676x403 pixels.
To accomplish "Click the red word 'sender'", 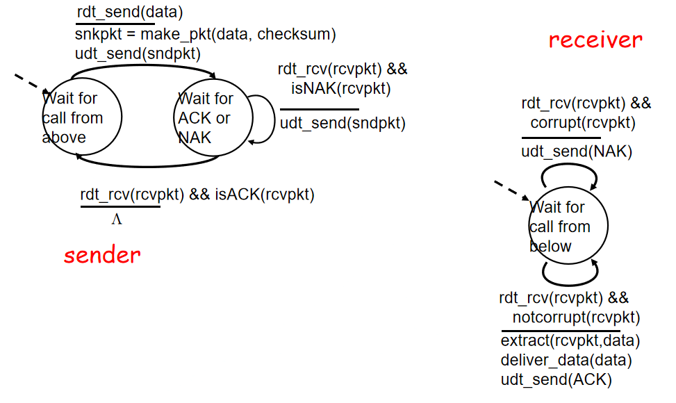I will (102, 255).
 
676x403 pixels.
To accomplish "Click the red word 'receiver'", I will (595, 40).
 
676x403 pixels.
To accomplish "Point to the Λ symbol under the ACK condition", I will (117, 220).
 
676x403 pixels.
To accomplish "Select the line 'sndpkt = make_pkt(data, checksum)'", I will (205, 34).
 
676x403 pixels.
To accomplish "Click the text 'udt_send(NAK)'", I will (577, 151).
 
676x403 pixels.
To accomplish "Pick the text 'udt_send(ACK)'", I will (556, 380).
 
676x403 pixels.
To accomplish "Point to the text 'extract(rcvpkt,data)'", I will (570, 341).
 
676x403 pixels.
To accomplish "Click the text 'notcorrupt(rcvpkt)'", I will (576, 318).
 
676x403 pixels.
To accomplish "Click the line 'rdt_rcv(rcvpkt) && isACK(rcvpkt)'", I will (197, 195).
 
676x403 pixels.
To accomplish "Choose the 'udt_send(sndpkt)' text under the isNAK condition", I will (343, 124).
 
